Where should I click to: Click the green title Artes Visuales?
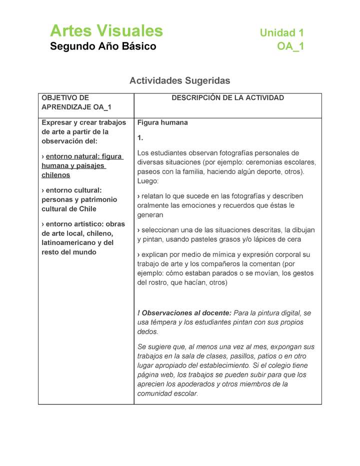click(x=106, y=31)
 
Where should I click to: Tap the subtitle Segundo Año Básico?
click(x=103, y=46)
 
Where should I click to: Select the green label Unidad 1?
click(x=281, y=33)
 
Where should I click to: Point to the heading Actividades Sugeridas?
click(x=179, y=80)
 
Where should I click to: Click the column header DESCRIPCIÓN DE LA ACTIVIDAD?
click(x=227, y=98)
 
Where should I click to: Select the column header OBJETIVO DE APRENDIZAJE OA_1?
click(x=76, y=102)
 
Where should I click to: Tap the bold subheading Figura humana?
click(x=162, y=122)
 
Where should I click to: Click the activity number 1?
click(x=140, y=137)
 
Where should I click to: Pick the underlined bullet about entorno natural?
click(x=82, y=166)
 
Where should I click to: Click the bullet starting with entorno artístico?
click(x=83, y=238)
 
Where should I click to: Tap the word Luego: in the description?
click(x=147, y=181)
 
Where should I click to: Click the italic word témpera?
click(x=165, y=322)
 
